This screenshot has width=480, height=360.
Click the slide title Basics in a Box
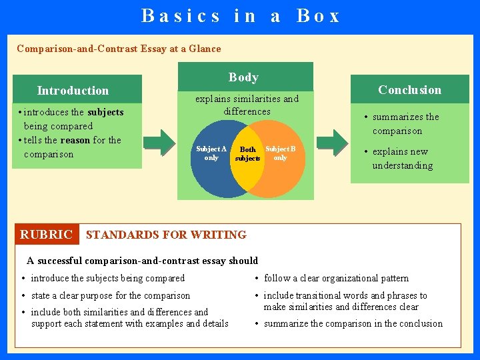240,15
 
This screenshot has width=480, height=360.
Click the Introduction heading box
73,90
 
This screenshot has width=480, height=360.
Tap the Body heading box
244,77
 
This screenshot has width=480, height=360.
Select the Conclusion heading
409,89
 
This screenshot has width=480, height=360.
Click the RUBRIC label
46,235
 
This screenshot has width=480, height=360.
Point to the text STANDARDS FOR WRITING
166,235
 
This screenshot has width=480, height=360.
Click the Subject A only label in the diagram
211,153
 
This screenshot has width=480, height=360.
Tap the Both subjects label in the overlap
247,154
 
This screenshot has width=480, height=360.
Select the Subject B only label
280,153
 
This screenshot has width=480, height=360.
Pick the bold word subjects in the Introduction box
105,112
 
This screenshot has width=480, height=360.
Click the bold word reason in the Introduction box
75,140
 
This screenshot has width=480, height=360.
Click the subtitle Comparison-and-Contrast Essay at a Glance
119,49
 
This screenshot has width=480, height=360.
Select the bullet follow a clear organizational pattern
336,278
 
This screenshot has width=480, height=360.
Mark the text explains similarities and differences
247,105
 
